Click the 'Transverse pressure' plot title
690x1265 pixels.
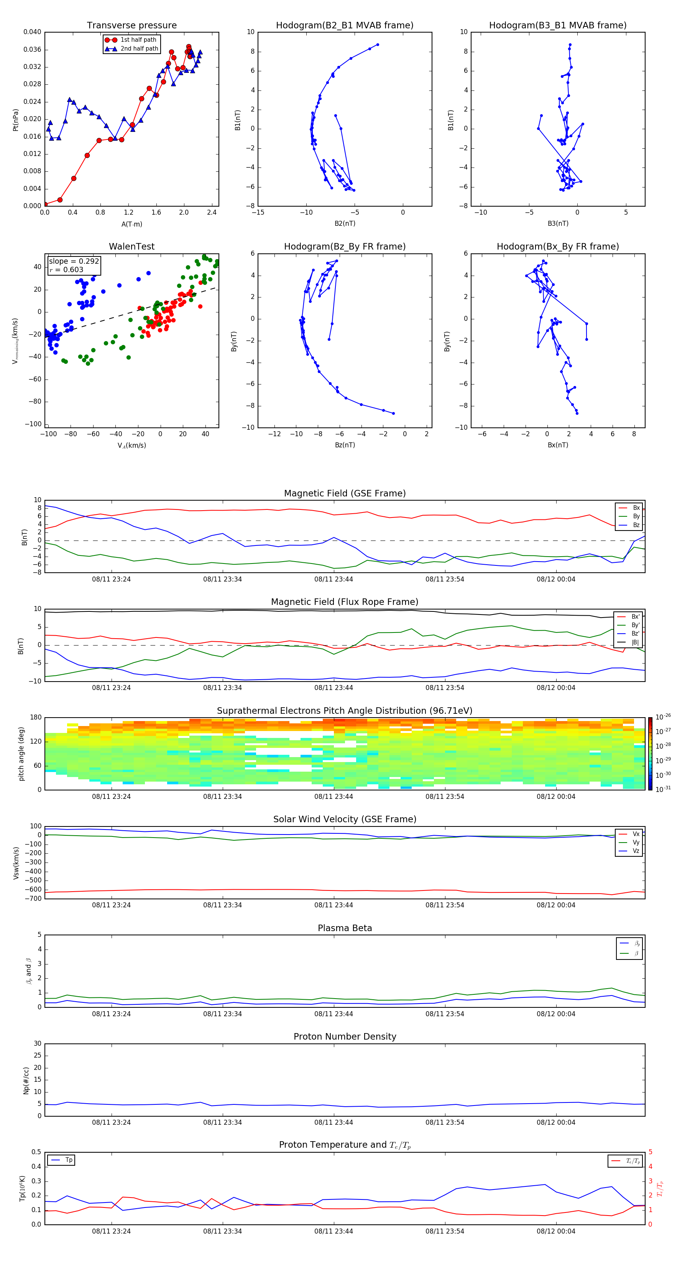(131, 26)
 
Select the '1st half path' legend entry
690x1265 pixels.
(138, 40)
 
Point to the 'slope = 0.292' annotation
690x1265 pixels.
(74, 261)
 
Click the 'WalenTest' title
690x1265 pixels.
(131, 246)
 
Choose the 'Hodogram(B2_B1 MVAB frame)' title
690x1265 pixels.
(344, 26)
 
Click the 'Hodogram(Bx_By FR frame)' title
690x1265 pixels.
(557, 246)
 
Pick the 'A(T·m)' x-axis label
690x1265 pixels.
(131, 224)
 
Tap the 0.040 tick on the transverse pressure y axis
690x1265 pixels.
(33, 33)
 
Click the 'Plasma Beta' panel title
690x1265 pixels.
(344, 928)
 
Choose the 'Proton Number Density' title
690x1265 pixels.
(344, 1037)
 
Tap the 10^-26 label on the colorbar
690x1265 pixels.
(663, 717)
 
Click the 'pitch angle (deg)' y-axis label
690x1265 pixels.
(21, 754)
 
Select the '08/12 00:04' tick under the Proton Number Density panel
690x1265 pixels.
(555, 1122)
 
